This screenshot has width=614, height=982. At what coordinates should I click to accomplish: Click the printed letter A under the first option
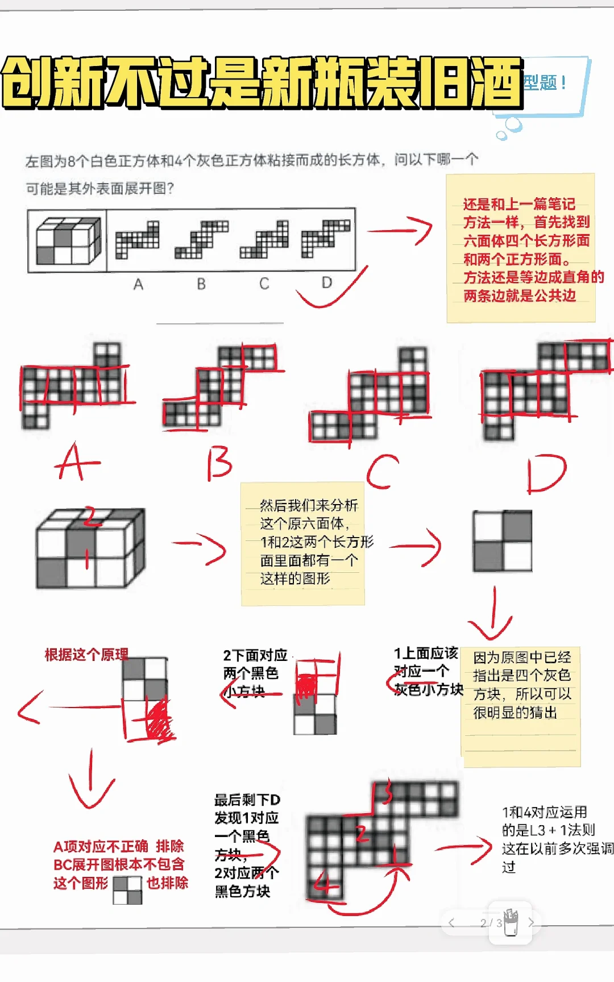[138, 284]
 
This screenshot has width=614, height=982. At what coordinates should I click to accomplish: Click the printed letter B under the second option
[201, 284]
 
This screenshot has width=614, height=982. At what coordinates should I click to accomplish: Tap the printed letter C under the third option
[264, 284]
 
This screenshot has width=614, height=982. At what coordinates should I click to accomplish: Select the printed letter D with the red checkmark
[326, 282]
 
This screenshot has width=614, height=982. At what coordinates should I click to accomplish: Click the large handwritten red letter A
[77, 461]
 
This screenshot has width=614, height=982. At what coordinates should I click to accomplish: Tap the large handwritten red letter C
[382, 471]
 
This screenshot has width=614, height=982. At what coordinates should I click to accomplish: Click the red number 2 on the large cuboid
[90, 517]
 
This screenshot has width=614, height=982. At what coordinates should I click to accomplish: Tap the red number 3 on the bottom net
[387, 793]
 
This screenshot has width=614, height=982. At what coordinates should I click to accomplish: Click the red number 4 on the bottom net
[326, 884]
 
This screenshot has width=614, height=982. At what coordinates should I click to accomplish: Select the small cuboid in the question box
[68, 241]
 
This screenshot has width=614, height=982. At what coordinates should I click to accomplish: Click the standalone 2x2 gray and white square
[503, 540]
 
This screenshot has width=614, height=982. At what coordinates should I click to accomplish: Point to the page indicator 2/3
[491, 923]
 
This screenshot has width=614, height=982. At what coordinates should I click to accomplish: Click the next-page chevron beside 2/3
[532, 922]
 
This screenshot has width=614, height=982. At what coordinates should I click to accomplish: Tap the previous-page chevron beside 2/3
[451, 923]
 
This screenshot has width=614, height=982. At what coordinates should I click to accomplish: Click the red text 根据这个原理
[86, 655]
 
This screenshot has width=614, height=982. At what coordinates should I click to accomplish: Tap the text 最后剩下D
[247, 800]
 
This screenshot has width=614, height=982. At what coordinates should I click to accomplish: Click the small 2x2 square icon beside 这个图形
[127, 890]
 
